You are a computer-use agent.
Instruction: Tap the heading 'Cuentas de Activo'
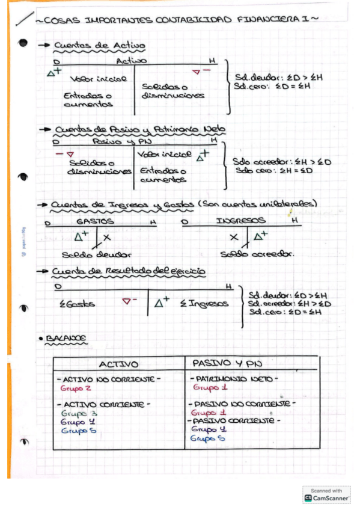coord(99,46)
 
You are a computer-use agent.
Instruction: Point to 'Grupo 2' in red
coord(75,389)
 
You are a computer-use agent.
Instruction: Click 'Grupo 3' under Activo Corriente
coord(79,414)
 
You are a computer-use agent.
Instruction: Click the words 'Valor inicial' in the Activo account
coord(98,79)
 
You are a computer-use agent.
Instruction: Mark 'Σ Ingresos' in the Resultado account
coord(204,304)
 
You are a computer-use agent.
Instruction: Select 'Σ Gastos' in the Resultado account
coord(78,304)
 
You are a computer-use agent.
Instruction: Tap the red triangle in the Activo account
coord(195,73)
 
